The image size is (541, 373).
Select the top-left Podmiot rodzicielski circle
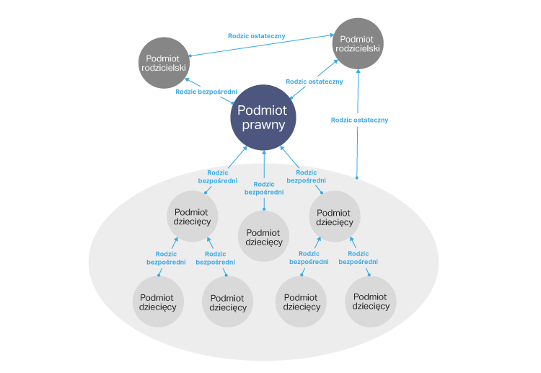164,63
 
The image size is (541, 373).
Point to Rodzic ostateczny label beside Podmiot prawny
314,82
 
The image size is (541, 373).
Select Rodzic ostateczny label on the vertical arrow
360,120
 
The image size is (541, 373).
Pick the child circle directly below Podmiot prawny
264,237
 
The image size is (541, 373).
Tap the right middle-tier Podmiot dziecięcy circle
334,217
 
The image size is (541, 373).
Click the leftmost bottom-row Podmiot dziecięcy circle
158,302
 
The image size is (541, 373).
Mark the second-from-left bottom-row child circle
228,302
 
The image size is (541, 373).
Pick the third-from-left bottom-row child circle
302,302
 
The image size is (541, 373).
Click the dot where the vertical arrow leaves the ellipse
357,177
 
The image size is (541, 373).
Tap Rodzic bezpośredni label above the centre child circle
264,188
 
